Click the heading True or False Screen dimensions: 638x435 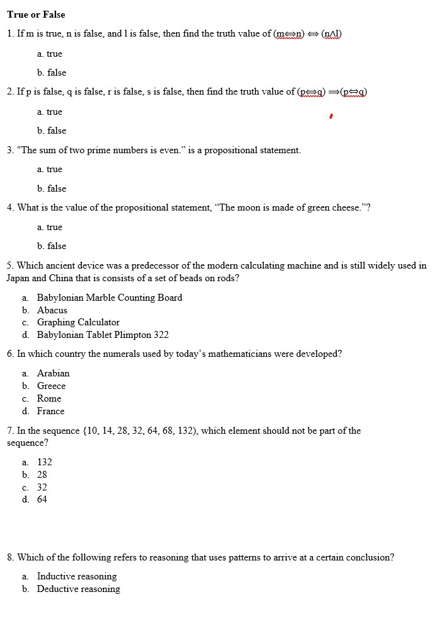coord(36,14)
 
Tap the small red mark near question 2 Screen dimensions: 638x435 coord(331,116)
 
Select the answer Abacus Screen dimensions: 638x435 coord(52,310)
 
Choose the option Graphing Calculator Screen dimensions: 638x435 coord(78,322)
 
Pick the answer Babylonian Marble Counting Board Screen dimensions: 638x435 coord(110,298)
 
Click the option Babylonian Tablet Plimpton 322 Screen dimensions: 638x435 coord(103,335)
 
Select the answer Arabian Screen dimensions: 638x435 coord(53,373)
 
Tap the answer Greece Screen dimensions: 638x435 coord(51,386)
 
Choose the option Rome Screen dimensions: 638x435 coord(49,398)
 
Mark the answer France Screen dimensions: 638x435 coord(50,411)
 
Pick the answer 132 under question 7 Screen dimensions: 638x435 coord(44,462)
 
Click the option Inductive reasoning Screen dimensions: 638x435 coord(77,576)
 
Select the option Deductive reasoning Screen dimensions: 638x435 coord(78,589)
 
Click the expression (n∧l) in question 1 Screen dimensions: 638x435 coord(332,33)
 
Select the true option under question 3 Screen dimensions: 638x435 coord(54,169)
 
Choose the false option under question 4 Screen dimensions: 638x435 coord(56,246)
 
